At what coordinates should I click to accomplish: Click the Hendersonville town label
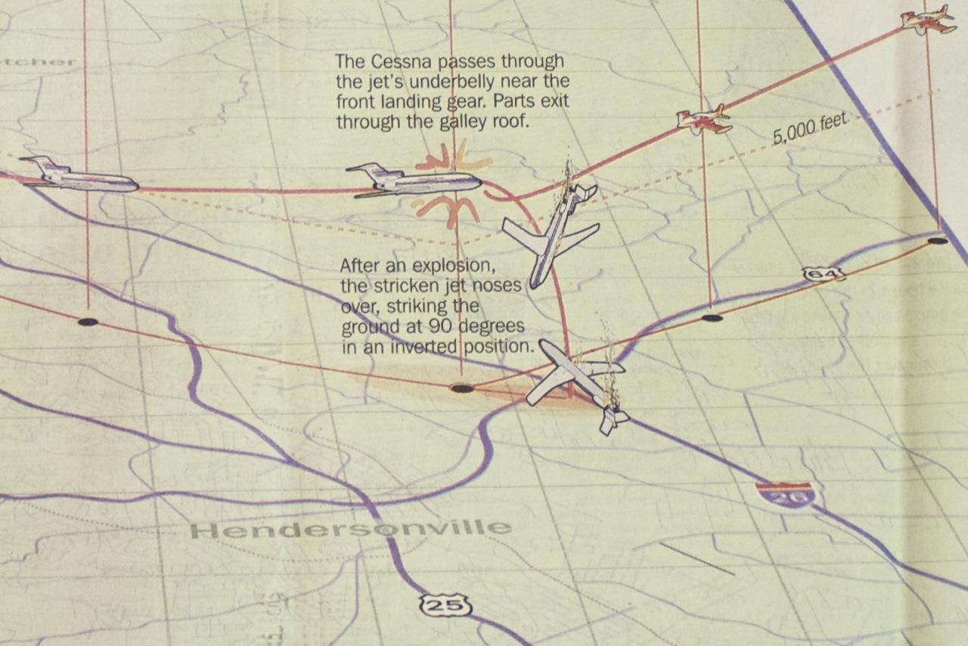(x=349, y=528)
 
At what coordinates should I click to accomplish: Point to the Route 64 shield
(x=823, y=274)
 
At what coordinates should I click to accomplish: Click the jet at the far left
(x=79, y=175)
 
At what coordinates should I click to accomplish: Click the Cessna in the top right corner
(x=925, y=20)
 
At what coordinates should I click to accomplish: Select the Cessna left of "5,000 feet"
(x=703, y=119)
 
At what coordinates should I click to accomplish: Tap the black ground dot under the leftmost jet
(x=88, y=322)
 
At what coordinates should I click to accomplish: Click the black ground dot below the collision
(x=461, y=388)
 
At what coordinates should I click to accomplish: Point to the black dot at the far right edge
(x=937, y=240)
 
